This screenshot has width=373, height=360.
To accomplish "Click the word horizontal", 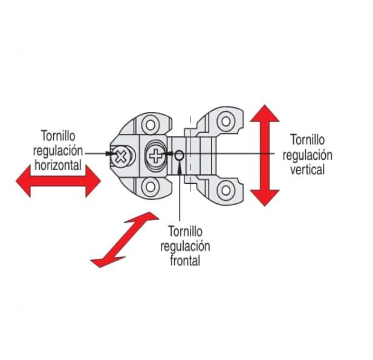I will pyautogui.click(x=58, y=164).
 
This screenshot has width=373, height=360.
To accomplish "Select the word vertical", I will pyautogui.click(x=307, y=170).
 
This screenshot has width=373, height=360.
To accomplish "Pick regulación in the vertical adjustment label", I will pyautogui.click(x=307, y=155).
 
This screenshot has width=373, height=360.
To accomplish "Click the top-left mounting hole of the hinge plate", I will pyautogui.click(x=148, y=125).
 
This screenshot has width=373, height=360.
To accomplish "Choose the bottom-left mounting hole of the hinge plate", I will pyautogui.click(x=148, y=188).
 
